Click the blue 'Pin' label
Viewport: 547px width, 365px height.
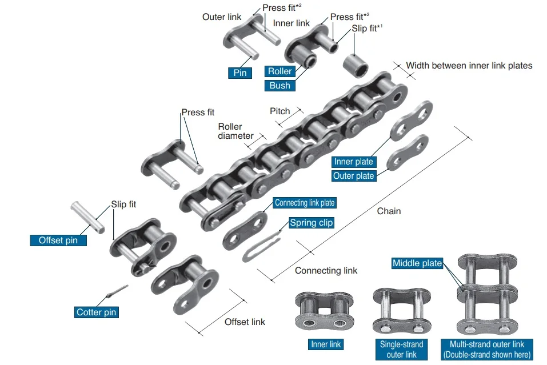[240, 73]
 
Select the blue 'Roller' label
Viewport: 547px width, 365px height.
[280, 71]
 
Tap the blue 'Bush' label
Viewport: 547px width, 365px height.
[280, 86]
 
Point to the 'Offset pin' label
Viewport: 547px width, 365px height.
[58, 240]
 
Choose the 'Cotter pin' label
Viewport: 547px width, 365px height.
[97, 312]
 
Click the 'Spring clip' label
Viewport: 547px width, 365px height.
[311, 223]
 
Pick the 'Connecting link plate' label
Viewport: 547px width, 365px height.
[305, 203]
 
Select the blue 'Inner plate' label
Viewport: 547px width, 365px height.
[353, 162]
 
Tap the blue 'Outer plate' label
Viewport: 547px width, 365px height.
[353, 176]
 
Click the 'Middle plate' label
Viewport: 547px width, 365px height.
[417, 263]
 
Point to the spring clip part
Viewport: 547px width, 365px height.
[261, 247]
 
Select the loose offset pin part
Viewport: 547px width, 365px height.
[87, 216]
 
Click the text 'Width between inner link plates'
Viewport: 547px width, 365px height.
[469, 66]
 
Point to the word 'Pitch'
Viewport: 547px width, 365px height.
[280, 111]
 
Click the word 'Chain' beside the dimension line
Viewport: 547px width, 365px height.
[389, 211]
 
